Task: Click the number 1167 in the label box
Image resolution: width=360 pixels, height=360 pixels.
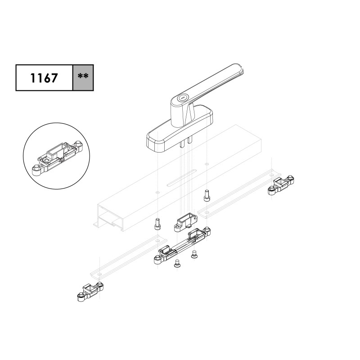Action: (44, 78)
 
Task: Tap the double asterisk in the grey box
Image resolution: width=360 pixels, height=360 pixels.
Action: (83, 76)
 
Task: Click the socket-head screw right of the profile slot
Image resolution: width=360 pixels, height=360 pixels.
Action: (207, 195)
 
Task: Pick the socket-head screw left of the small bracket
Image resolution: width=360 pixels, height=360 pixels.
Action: (157, 224)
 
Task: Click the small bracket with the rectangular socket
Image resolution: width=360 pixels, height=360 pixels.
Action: (186, 222)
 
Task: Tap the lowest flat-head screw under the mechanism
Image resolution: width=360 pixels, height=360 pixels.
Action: (177, 263)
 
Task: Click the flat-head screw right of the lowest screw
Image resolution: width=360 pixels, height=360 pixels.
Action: (194, 254)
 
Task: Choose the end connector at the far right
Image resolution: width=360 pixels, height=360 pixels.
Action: (281, 185)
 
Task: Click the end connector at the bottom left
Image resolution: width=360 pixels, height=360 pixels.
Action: (90, 291)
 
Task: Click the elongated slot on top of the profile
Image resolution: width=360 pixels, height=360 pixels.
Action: (182, 177)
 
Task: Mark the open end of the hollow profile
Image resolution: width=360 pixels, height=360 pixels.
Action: (110, 216)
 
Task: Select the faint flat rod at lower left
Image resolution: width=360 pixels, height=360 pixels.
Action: (129, 256)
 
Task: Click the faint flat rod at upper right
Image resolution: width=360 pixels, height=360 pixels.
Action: (239, 193)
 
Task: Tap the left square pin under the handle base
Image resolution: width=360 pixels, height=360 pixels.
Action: (182, 144)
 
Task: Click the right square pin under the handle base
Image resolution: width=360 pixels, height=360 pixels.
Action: (189, 140)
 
